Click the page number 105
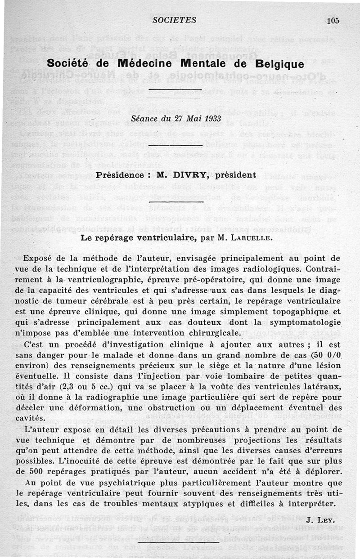[333, 20]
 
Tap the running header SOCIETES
[174, 20]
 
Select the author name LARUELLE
[249, 238]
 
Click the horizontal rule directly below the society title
[174, 90]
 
